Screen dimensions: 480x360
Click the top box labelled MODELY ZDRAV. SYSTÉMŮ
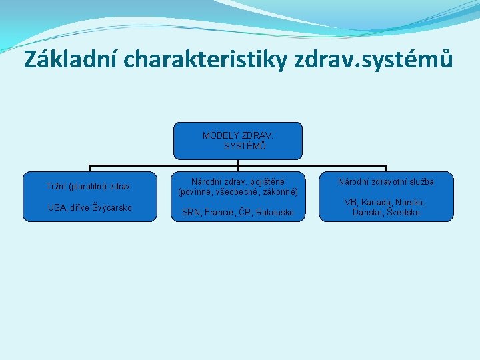pos(238,140)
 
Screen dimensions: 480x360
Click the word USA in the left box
pos(57,207)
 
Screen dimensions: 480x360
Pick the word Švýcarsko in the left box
pos(111,207)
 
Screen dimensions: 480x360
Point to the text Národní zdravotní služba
pos(386,181)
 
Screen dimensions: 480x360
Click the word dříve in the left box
pos(79,207)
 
